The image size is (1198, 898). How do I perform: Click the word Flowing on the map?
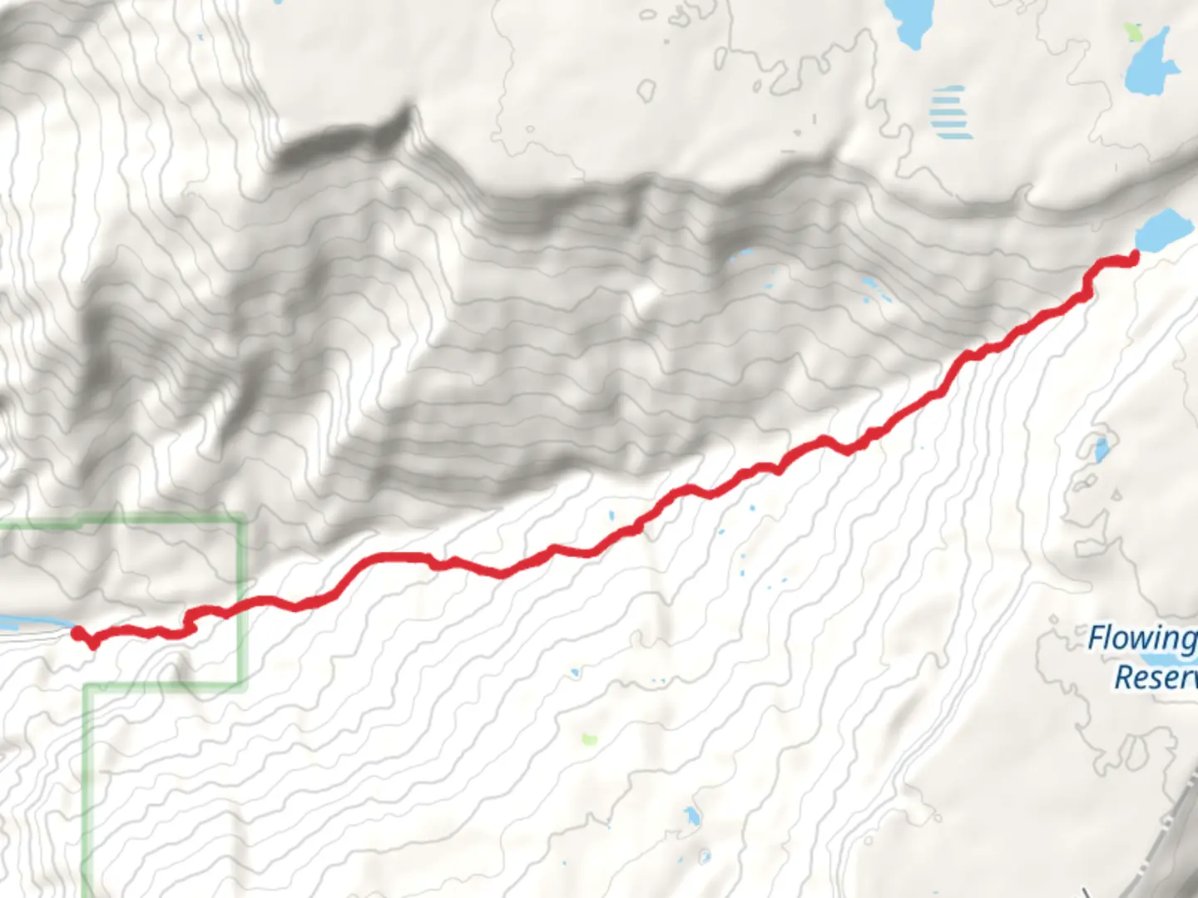tap(1142, 639)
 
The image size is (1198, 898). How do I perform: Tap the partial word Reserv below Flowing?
tap(1155, 678)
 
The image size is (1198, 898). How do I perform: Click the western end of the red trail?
tap(77, 634)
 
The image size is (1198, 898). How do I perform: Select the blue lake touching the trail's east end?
tap(1163, 229)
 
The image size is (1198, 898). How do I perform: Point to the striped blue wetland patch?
tap(949, 112)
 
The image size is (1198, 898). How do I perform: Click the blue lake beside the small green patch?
tap(1152, 62)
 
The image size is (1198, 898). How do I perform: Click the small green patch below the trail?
tap(589, 738)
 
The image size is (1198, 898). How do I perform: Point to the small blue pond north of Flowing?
tap(1101, 451)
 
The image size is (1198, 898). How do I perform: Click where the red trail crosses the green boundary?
tap(242, 605)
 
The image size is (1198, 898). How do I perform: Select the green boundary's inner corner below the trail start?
tap(87, 687)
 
